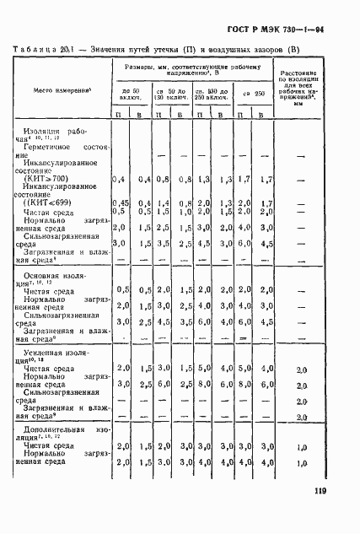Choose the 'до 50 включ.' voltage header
pyautogui.click(x=130, y=94)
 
